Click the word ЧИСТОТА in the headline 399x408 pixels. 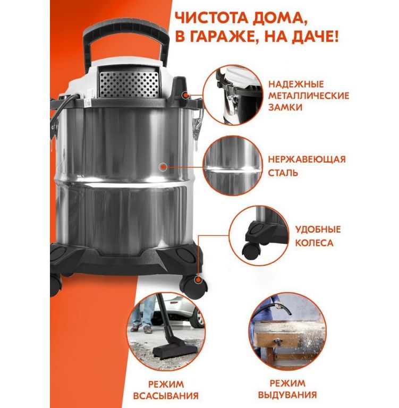(211, 19)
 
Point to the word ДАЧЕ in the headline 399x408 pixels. (316, 37)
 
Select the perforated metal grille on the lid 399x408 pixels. (129, 84)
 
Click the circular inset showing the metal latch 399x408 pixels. (232, 95)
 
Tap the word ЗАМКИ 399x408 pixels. (285, 107)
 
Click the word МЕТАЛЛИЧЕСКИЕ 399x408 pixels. (309, 96)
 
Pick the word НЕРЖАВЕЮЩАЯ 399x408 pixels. (307, 159)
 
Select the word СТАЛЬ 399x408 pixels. (283, 173)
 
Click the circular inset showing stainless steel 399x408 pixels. (233, 166)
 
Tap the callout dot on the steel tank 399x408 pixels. (163, 166)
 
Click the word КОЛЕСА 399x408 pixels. (314, 243)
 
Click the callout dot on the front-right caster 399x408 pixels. (198, 280)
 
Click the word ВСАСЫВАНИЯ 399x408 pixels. (166, 396)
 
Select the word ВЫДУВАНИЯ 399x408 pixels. (287, 395)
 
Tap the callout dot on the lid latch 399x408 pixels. (185, 96)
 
